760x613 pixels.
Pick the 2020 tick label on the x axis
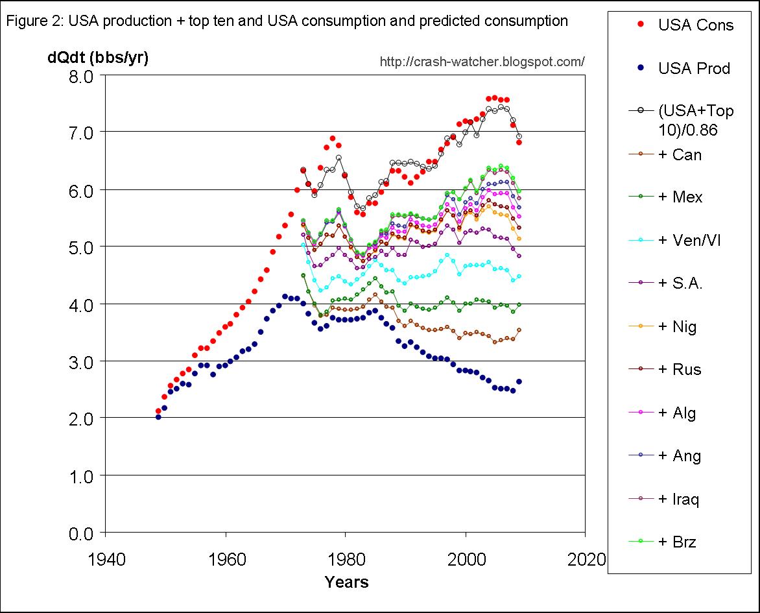(585, 559)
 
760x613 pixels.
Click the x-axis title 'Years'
(346, 582)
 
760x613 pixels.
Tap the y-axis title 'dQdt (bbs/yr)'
(97, 58)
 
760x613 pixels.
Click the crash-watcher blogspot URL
(482, 62)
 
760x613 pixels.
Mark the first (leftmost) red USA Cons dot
(158, 411)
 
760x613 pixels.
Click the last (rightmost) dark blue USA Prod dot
(519, 381)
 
